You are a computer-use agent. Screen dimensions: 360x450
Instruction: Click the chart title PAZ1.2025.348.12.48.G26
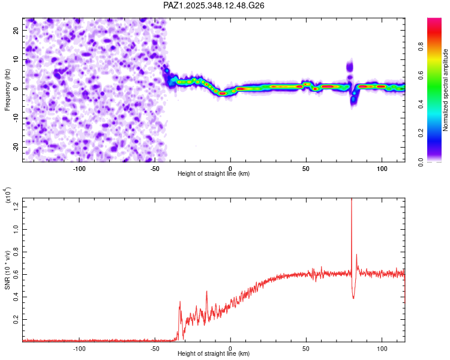click(x=214, y=5)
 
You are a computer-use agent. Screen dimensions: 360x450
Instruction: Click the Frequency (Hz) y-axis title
click(x=7, y=89)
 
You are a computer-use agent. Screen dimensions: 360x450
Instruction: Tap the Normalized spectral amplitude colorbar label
click(x=446, y=90)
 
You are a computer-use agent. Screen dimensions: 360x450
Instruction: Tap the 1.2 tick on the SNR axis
click(x=16, y=207)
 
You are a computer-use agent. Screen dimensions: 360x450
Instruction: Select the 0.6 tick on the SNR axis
click(x=16, y=274)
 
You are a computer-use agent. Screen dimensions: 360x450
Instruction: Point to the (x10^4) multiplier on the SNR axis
click(x=7, y=196)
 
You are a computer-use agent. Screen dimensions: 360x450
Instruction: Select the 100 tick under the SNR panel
click(x=382, y=347)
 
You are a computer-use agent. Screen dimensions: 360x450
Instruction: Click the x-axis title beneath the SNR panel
click(x=214, y=355)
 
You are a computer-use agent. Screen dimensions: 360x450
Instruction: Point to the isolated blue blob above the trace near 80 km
click(x=350, y=66)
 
